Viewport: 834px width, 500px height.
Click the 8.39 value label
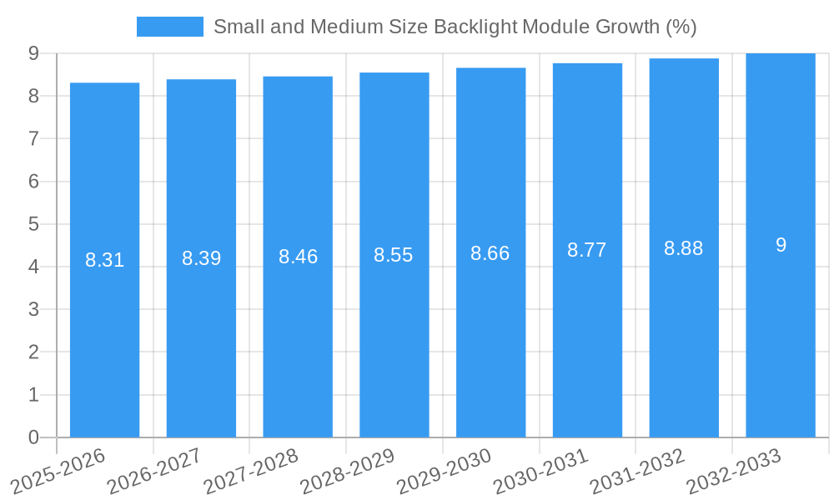click(x=201, y=258)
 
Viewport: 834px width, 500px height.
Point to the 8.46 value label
click(x=298, y=257)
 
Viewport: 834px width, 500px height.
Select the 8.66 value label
click(x=490, y=254)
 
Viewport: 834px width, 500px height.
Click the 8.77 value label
click(x=587, y=250)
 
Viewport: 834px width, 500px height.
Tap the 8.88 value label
click(x=684, y=248)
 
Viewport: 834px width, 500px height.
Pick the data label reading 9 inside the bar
click(x=781, y=245)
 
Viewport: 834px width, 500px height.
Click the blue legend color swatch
click(x=170, y=27)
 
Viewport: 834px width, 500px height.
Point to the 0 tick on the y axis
click(x=33, y=437)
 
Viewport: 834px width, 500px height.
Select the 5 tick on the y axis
click(x=33, y=224)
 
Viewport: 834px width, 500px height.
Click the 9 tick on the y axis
click(x=33, y=53)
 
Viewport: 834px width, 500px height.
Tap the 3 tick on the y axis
click(x=33, y=309)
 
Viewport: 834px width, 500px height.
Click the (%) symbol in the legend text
click(x=681, y=27)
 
